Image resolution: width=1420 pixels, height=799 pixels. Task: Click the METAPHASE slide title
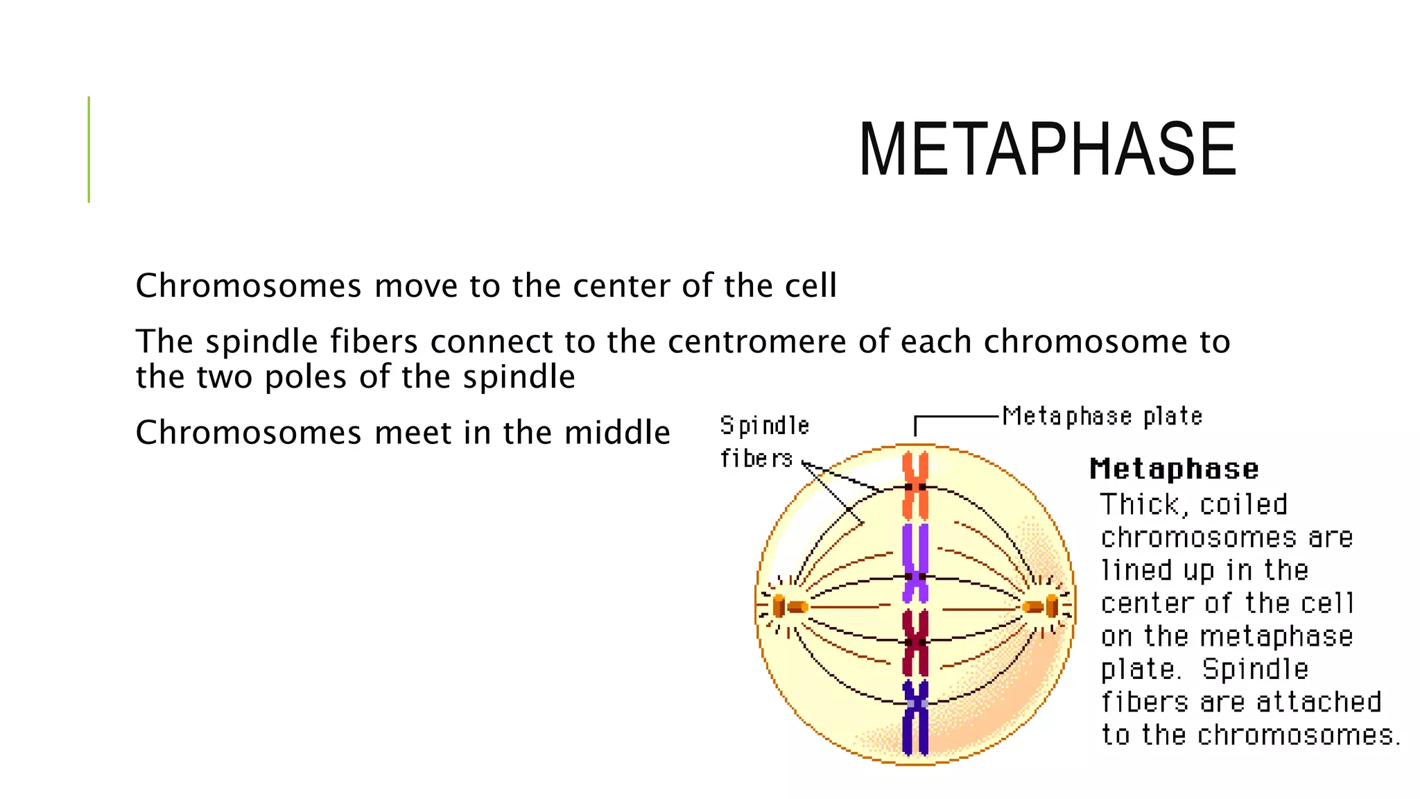coord(1047,150)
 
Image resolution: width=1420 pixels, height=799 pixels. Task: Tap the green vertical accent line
coord(89,149)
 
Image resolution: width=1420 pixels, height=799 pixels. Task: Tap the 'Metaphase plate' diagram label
coord(1102,417)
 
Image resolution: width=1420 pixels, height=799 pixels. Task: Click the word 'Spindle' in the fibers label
coord(764,426)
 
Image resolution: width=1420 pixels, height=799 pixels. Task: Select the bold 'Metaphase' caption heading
coord(1174,470)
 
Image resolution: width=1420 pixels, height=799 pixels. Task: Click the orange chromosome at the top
coord(915,486)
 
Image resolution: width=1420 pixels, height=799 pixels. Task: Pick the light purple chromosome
coord(915,562)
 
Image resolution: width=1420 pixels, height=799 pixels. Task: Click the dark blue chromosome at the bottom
coord(915,718)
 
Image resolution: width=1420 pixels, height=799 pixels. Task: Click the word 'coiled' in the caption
coord(1243,505)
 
